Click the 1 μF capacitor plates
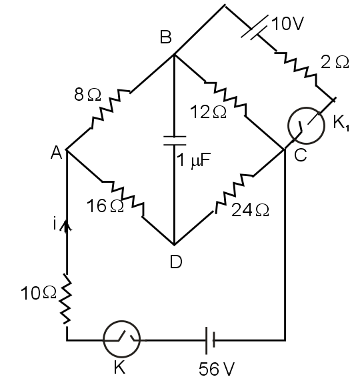(174, 140)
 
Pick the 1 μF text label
(196, 161)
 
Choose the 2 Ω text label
(334, 62)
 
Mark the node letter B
(165, 38)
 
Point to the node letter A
(56, 153)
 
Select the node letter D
(175, 262)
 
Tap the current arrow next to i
(67, 226)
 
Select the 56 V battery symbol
(209, 340)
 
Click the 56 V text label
(216, 368)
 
